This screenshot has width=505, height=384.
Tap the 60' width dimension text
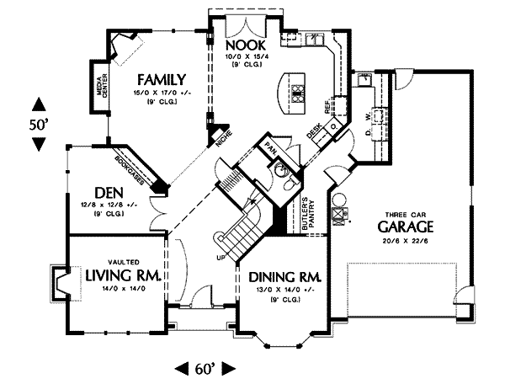pyautogui.click(x=204, y=368)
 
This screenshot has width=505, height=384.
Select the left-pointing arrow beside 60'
pyautogui.click(x=181, y=368)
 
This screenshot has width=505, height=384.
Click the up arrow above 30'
pyautogui.click(x=38, y=105)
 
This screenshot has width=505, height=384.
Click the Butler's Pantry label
pyautogui.click(x=306, y=216)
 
